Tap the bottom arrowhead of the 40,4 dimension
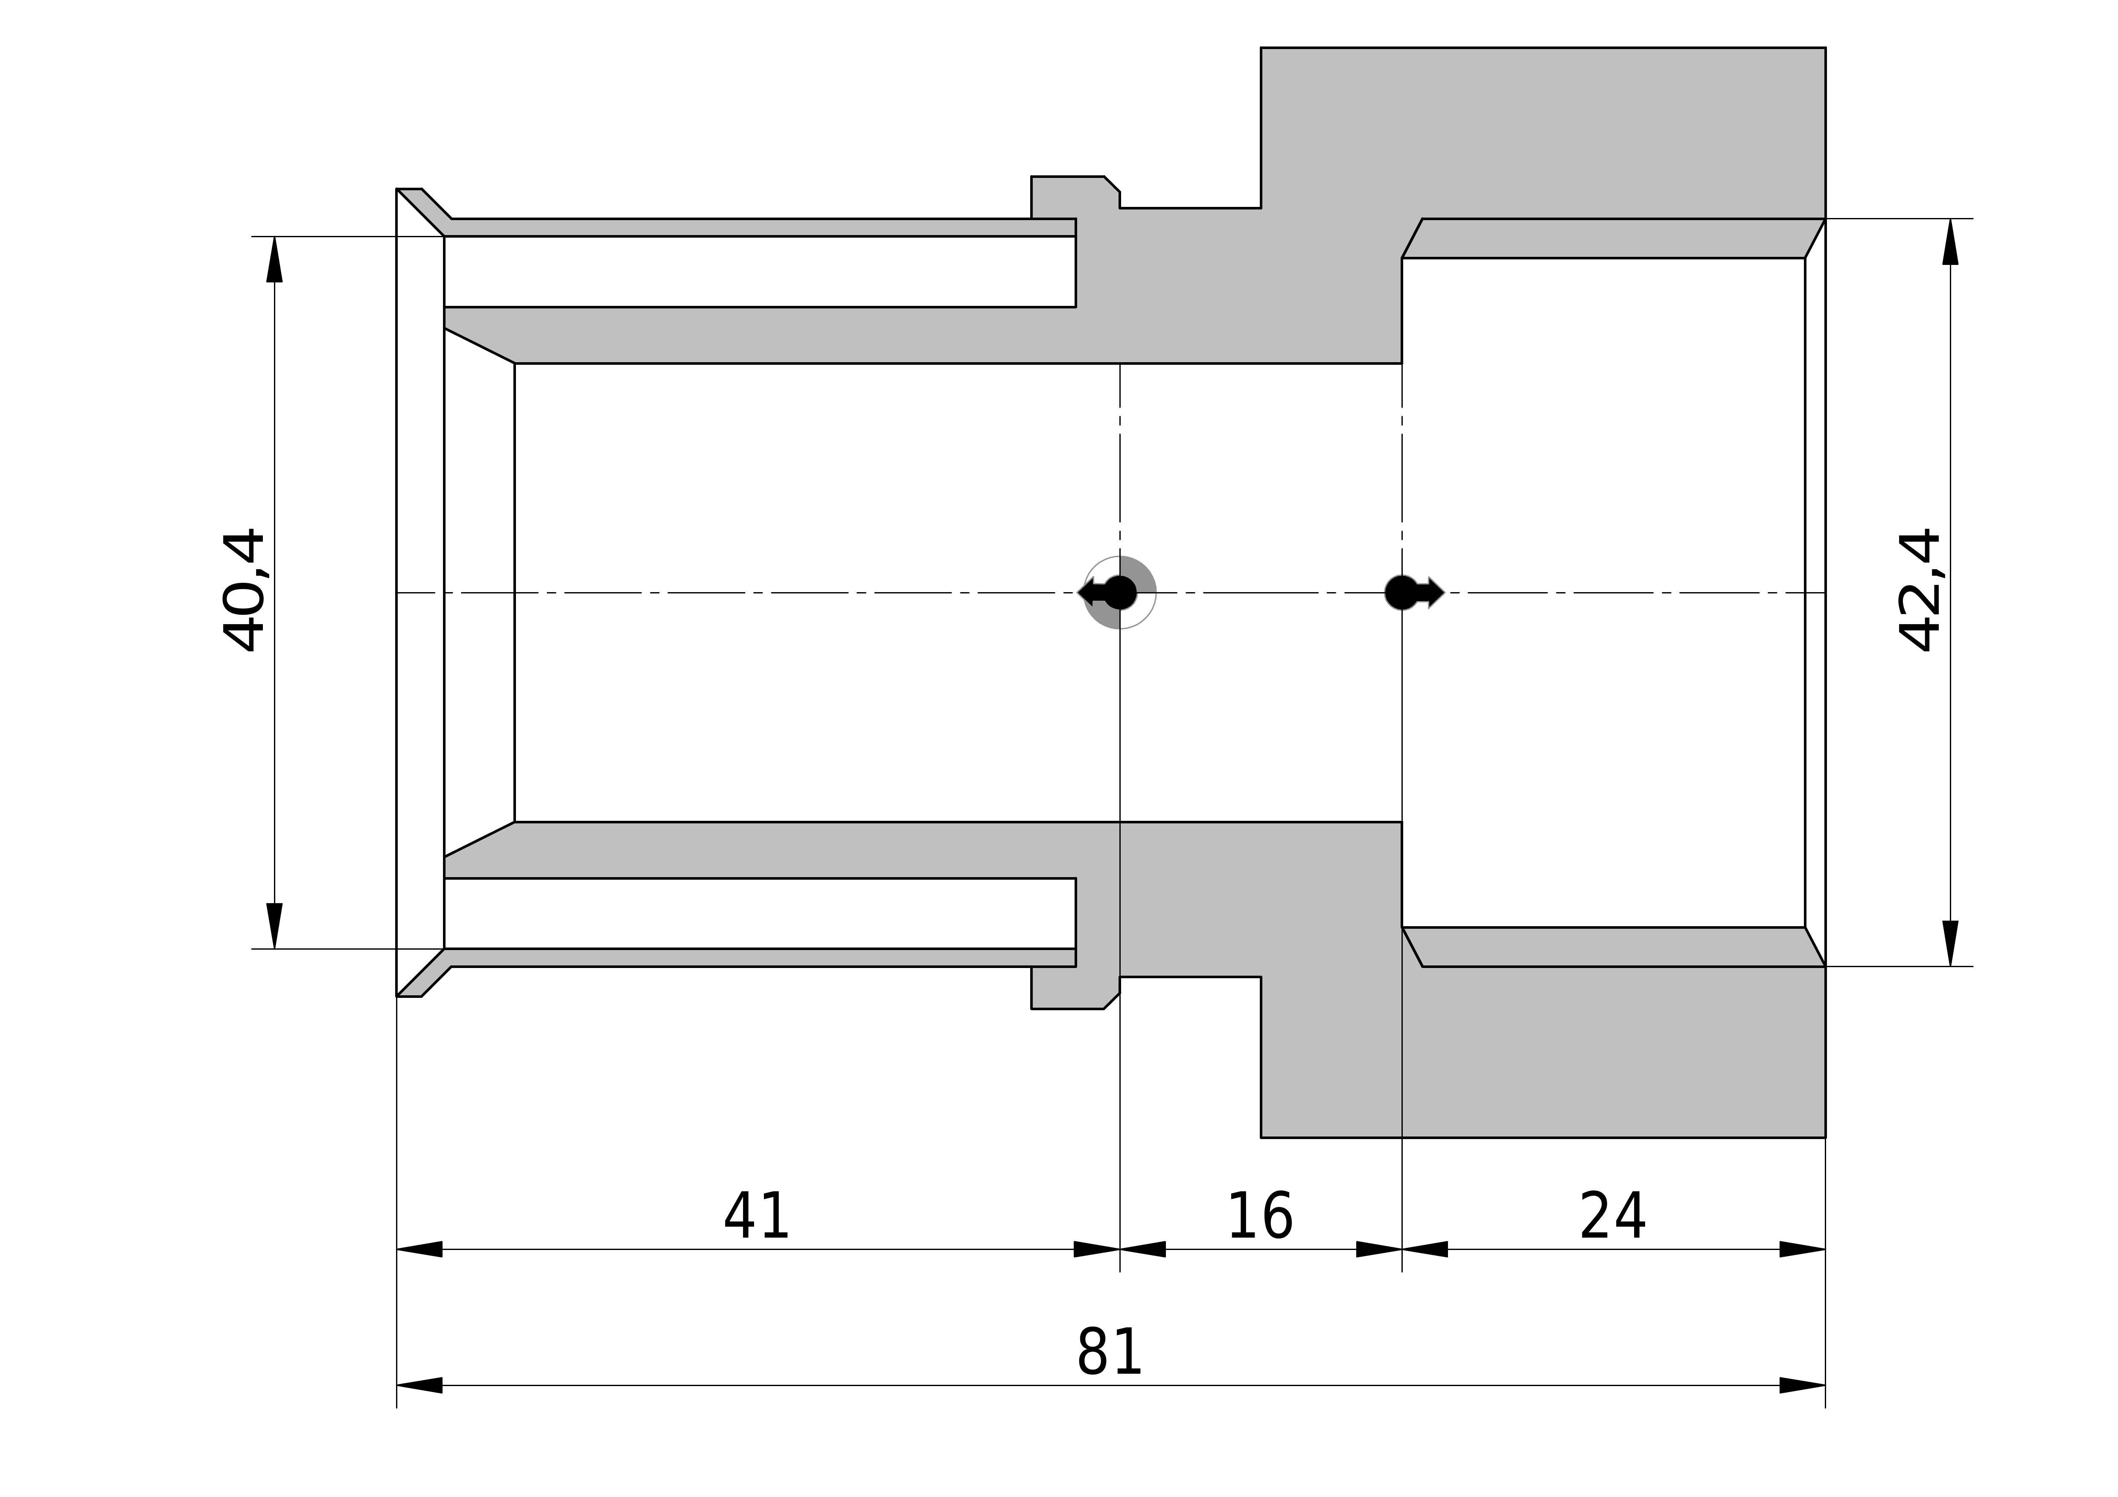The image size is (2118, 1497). (275, 925)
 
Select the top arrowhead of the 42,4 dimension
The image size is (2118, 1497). (1950, 241)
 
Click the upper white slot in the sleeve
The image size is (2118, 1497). (759, 271)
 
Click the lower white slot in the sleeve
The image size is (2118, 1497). (759, 913)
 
